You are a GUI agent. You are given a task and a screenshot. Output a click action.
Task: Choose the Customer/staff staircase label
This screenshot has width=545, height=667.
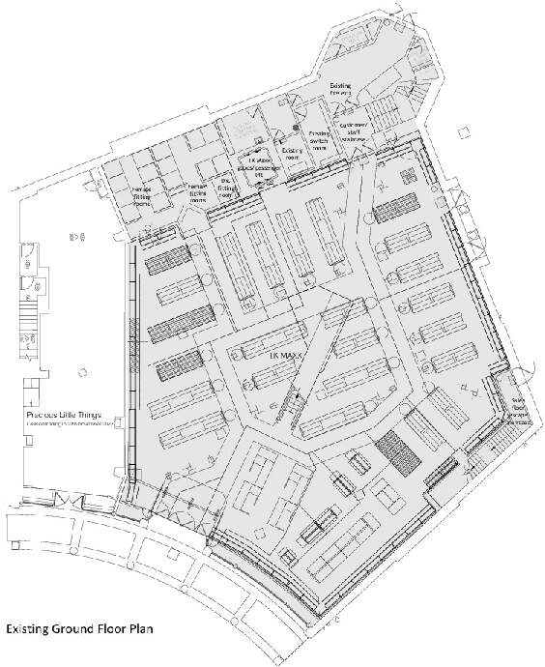coord(353,132)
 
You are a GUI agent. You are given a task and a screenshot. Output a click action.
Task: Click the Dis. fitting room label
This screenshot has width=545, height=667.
coord(226,184)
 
